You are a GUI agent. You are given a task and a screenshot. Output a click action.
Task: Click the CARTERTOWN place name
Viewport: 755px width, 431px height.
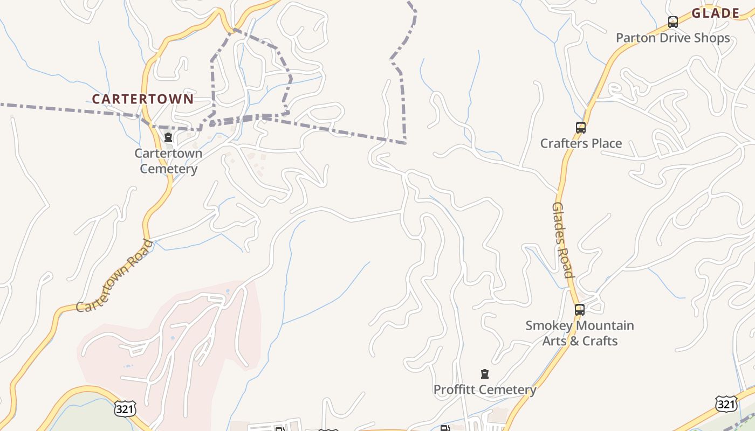pos(142,99)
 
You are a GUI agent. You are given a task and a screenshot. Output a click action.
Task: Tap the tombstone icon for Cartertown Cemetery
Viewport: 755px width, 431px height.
pos(168,137)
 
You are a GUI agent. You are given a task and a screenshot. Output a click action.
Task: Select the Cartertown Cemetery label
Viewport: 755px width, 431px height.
pos(168,161)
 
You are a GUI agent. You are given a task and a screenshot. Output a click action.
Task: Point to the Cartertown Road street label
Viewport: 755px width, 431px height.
pos(114,275)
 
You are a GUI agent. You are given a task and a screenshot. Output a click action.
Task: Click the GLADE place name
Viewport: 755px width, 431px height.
pos(715,13)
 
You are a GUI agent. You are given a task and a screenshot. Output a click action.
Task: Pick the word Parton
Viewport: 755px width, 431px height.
pos(635,38)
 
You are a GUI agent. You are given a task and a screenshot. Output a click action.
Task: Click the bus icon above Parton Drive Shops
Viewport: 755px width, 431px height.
pos(673,22)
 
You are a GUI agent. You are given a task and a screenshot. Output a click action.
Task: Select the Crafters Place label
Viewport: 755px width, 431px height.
pos(581,143)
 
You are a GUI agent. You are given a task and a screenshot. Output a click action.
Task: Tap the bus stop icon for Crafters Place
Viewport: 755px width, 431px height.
pos(581,128)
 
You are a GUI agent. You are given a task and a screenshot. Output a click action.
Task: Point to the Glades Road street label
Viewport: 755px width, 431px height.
pos(562,240)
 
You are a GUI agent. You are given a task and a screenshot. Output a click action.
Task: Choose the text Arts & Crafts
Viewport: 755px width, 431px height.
pos(580,340)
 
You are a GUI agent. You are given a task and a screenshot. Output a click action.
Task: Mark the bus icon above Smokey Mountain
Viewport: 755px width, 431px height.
pos(580,310)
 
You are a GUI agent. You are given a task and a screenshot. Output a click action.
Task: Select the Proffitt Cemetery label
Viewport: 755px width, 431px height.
pos(485,390)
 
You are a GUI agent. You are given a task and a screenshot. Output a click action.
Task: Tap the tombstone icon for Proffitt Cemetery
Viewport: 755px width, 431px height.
pos(485,374)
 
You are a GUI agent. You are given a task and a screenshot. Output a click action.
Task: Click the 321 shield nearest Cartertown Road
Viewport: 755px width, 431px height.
pos(125,409)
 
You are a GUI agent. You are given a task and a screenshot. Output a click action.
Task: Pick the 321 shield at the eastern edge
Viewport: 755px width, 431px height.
pos(726,404)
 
